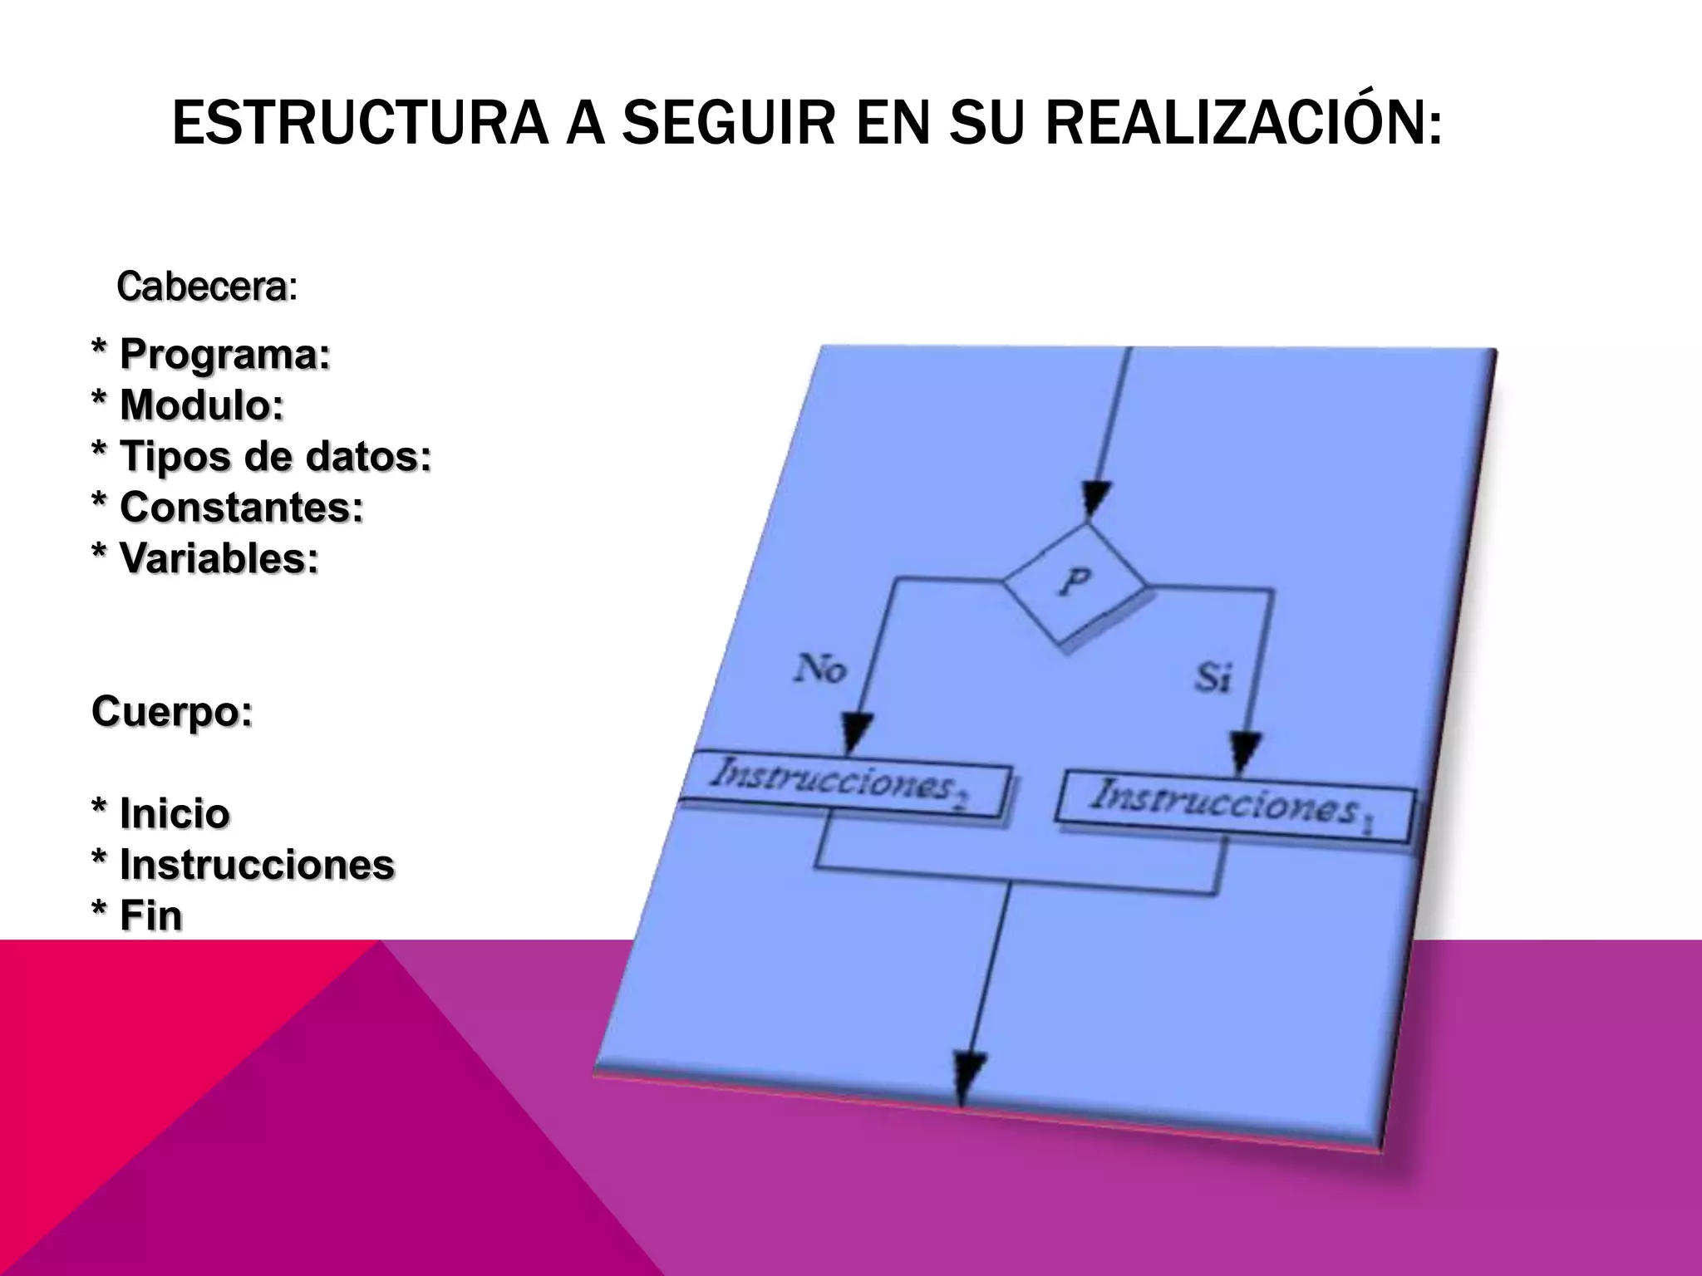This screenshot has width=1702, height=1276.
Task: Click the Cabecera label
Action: pos(204,287)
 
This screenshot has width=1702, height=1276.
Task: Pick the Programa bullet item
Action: pos(211,355)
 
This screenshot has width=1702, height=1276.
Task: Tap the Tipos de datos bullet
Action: pos(262,456)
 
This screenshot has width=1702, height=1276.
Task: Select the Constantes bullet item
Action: pos(228,507)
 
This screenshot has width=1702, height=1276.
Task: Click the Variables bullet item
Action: pos(205,557)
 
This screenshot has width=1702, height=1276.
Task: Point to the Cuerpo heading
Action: pos(172,711)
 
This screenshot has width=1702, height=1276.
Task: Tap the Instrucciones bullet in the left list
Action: pos(243,864)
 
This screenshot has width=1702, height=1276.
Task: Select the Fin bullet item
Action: pos(137,915)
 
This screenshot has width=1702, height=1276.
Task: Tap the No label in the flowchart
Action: pos(820,668)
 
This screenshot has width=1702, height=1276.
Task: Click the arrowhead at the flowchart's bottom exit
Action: pos(967,1077)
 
